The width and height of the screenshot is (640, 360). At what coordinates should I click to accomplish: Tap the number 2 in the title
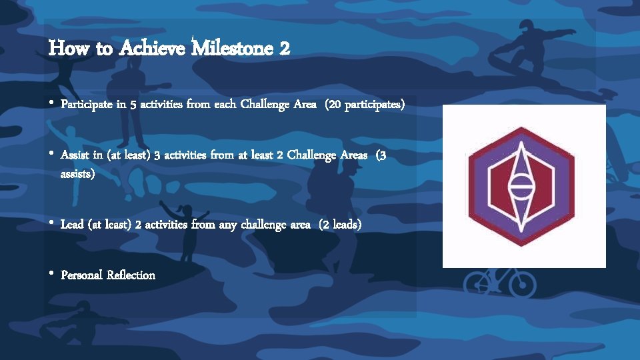285,49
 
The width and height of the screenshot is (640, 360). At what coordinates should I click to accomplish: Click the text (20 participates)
365,105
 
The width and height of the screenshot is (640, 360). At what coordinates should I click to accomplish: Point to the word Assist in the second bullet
75,155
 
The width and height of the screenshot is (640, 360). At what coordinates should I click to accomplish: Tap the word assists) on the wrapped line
78,174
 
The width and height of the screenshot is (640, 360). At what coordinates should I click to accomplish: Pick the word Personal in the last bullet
80,275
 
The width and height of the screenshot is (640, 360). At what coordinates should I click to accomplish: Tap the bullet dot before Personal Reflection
51,274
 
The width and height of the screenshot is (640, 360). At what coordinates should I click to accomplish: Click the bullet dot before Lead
51,224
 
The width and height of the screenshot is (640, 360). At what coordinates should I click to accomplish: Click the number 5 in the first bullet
149,105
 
